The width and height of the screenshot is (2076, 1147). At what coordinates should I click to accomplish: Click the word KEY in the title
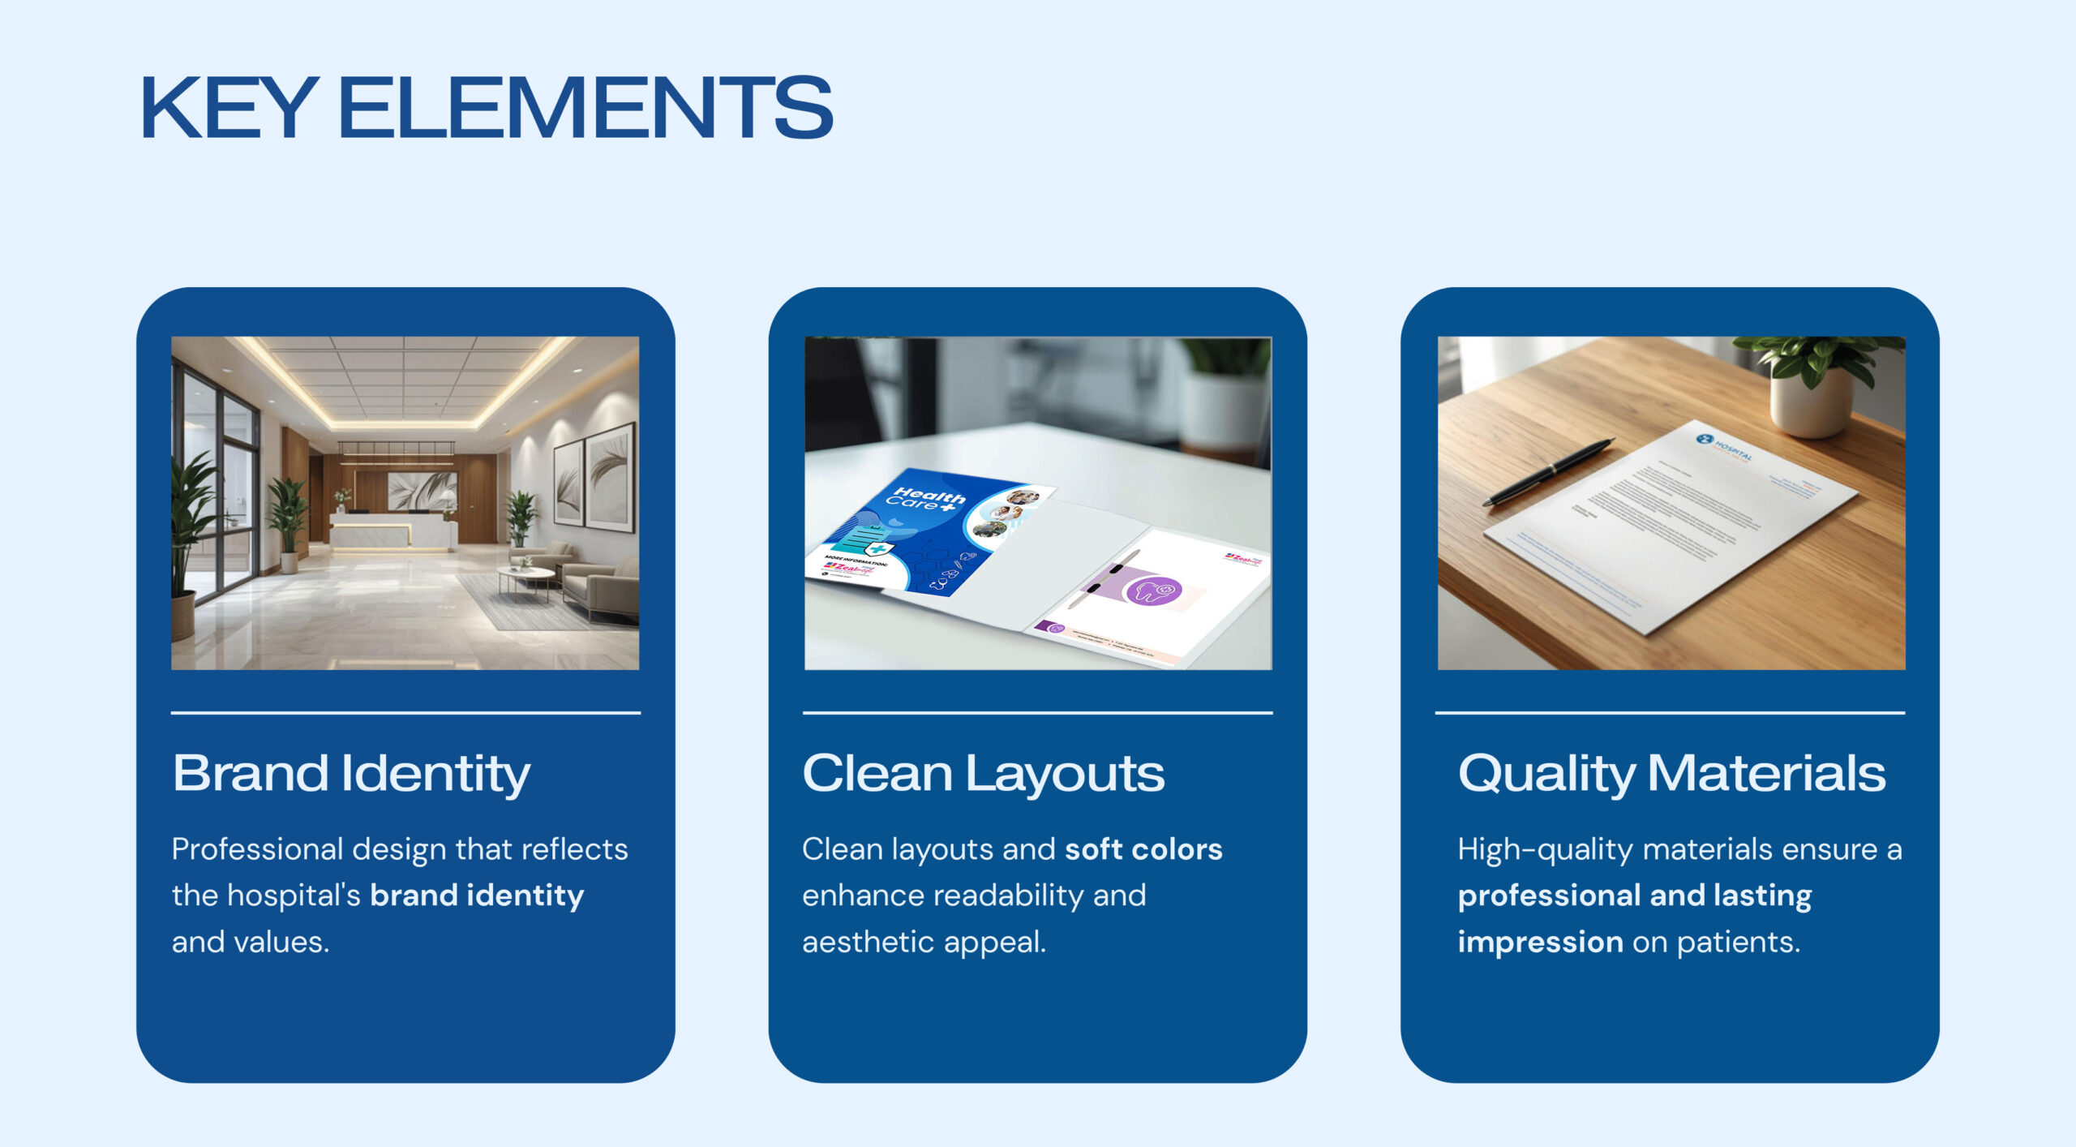229,108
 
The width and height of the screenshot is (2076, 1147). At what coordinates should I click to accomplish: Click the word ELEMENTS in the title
585,108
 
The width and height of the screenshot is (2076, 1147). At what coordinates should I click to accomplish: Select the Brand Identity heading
351,773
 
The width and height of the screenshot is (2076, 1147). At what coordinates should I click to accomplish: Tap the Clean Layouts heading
983,773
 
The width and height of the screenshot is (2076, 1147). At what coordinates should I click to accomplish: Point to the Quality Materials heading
1671,773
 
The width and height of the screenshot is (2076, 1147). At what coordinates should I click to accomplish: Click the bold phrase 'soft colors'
1143,849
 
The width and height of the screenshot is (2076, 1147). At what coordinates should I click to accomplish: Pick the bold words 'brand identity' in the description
477,896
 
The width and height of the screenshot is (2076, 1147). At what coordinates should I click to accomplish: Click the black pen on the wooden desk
1549,471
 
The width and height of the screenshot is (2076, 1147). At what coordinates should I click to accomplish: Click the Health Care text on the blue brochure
927,498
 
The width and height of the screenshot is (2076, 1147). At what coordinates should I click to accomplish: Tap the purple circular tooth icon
1154,590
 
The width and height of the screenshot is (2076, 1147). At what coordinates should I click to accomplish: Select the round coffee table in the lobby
526,575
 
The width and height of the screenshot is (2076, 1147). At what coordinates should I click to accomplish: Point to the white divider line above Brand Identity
405,713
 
